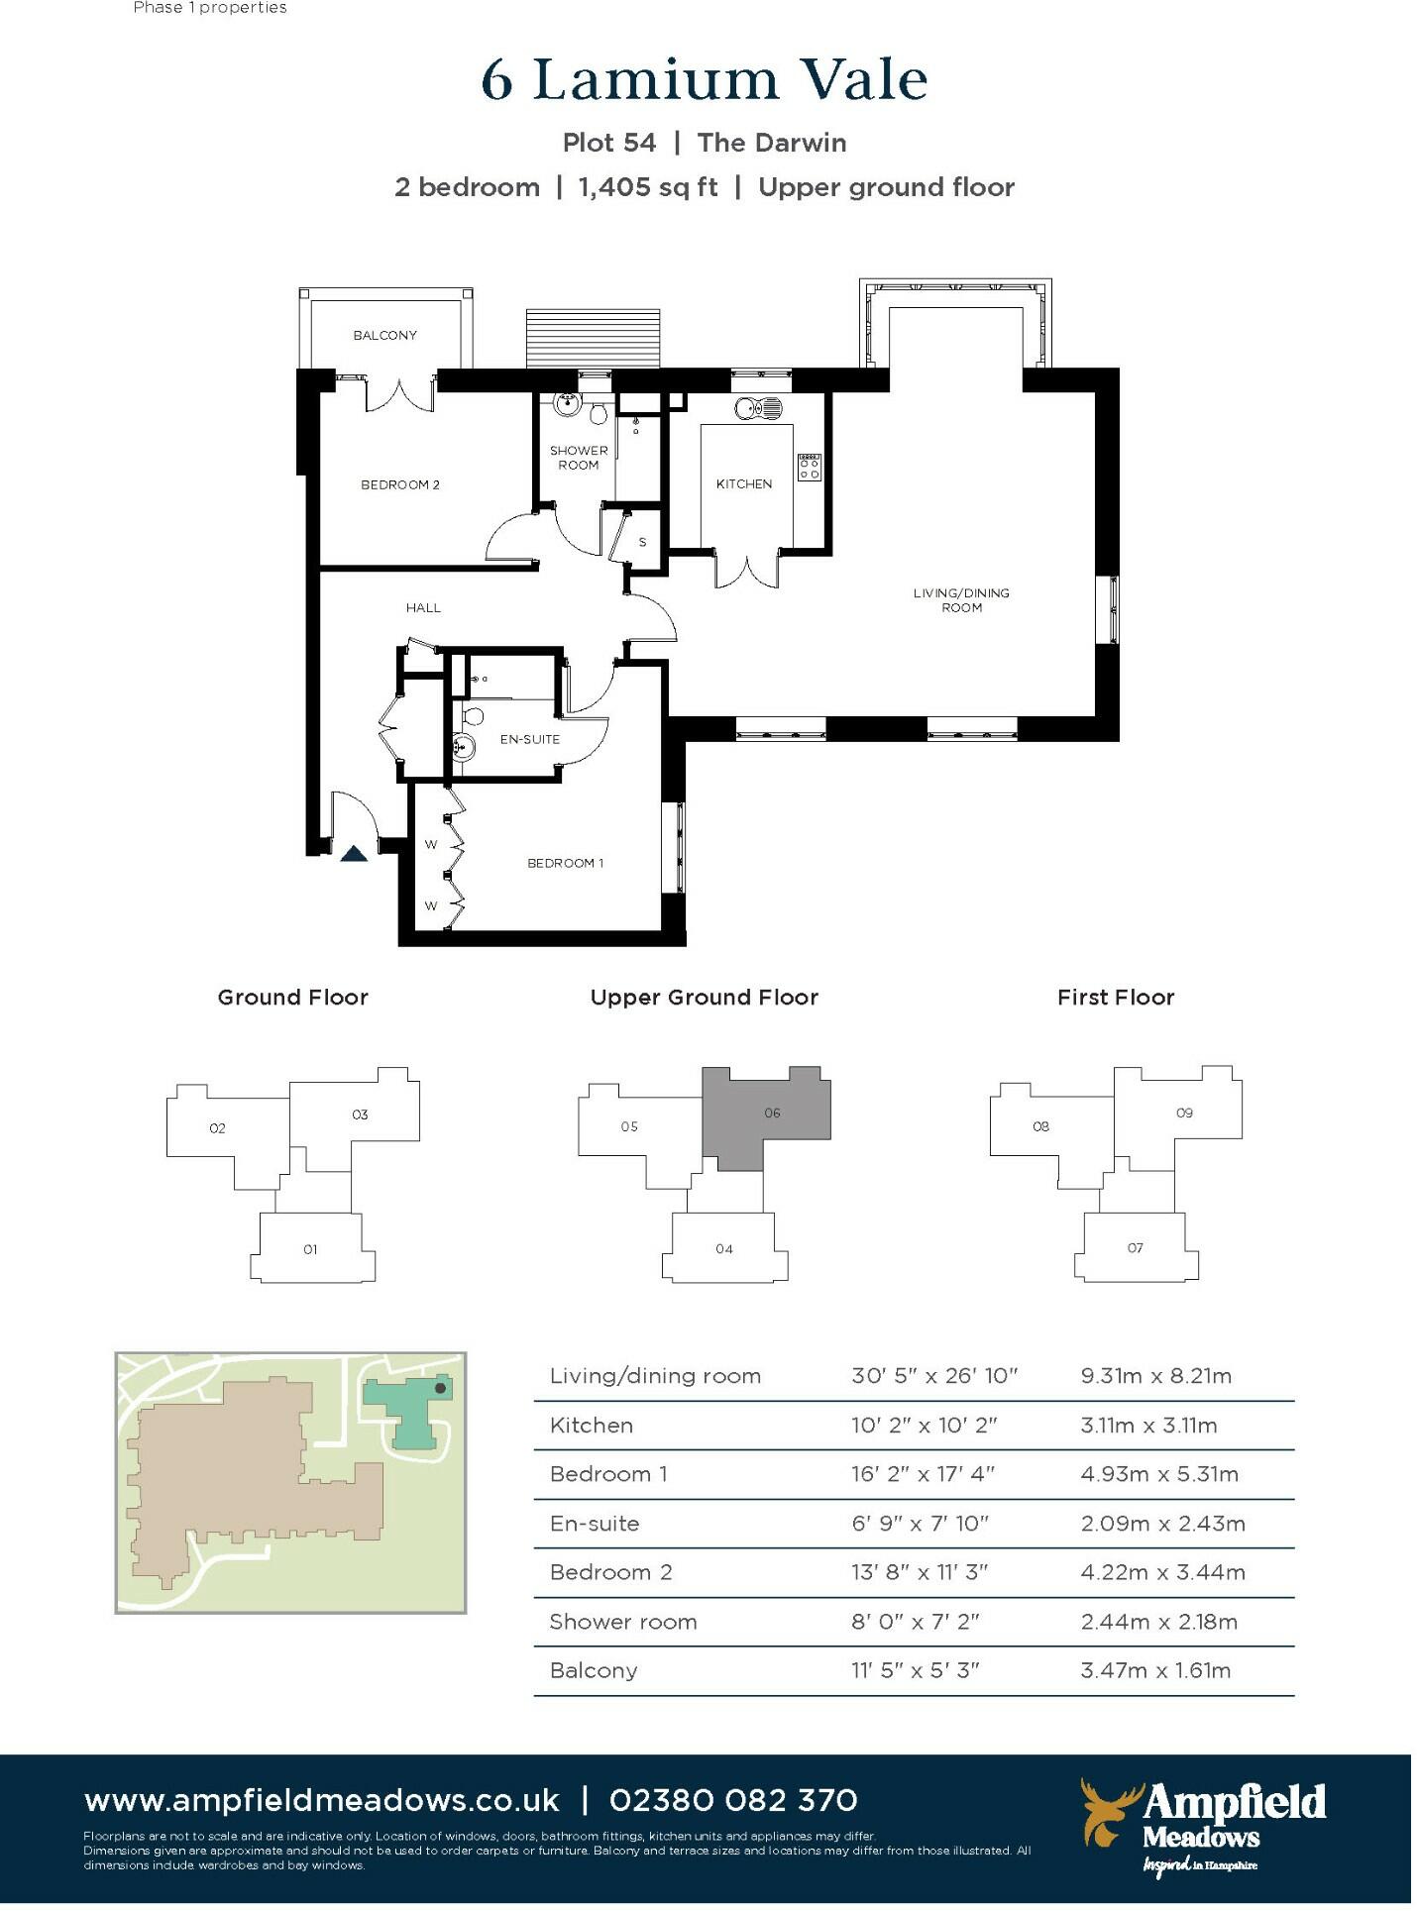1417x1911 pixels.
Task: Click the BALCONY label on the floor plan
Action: click(384, 336)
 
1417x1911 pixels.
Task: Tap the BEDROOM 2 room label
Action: click(399, 484)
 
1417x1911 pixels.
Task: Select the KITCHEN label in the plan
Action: click(743, 483)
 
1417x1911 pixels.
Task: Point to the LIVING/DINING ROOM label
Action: click(961, 600)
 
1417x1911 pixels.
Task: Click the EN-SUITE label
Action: click(529, 739)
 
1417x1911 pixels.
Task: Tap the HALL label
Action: click(423, 607)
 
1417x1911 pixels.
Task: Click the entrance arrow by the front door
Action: click(354, 853)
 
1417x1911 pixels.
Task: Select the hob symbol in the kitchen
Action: click(809, 467)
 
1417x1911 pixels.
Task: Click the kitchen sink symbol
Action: click(758, 407)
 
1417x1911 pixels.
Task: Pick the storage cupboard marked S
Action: click(642, 542)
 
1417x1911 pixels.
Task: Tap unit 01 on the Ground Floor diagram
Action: click(310, 1249)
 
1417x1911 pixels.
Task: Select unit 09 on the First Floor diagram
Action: click(1184, 1114)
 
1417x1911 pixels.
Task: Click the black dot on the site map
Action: click(440, 1388)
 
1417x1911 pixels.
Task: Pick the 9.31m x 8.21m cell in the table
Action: click(1155, 1376)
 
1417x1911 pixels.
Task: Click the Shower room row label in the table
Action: click(622, 1622)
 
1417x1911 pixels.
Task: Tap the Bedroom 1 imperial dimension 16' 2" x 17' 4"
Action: click(923, 1474)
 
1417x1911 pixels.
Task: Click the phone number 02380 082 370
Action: click(733, 1800)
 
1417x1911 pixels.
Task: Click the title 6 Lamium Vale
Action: click(704, 80)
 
